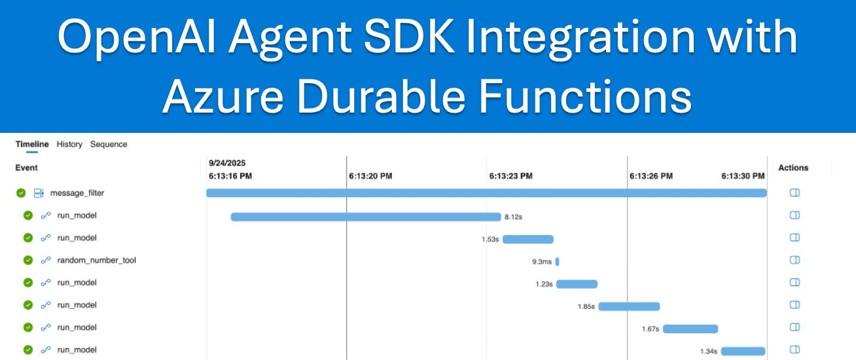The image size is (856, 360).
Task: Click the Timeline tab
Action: coord(32,144)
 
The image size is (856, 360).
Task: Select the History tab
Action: coord(69,144)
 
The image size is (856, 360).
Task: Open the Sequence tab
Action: coord(109,144)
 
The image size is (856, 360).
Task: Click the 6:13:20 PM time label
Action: coord(370,176)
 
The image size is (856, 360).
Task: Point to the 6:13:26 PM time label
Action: coord(651,176)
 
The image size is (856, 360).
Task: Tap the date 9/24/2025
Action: coord(227,162)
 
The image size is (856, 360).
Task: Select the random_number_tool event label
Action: coord(96,261)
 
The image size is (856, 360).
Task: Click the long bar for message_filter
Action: coord(486,193)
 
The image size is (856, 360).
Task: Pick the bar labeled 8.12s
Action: coord(365,217)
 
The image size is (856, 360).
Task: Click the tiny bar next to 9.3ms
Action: coord(558,262)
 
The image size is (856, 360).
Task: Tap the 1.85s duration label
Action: coord(586,306)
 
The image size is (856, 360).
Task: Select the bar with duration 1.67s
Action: coord(690,329)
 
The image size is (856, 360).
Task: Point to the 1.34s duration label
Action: coord(709,351)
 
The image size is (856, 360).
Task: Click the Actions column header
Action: coord(793,168)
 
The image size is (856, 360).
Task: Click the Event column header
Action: coord(26,168)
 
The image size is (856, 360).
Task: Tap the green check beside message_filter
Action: coord(22,193)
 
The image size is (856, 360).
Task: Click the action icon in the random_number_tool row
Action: coord(795,261)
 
